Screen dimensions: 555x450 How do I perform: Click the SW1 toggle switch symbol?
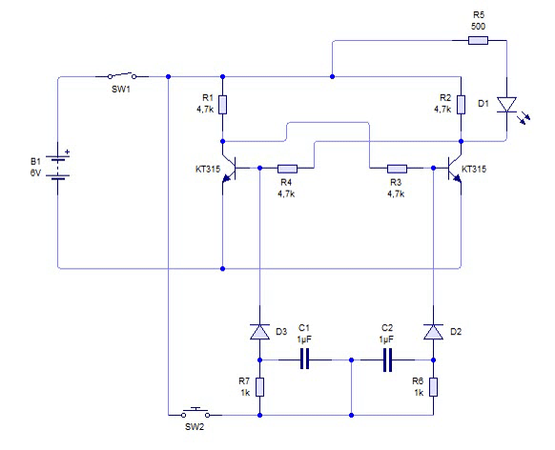[122, 75]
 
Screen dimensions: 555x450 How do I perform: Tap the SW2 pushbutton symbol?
[195, 413]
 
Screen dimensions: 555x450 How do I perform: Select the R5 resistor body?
[478, 40]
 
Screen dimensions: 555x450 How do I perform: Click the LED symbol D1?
[509, 109]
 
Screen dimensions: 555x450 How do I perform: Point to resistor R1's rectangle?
[222, 104]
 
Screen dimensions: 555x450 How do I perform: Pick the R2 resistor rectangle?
[461, 104]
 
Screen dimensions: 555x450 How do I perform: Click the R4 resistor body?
[287, 169]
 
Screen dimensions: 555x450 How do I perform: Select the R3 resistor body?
[397, 169]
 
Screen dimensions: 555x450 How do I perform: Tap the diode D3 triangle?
[259, 332]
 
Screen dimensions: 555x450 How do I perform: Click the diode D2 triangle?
[433, 332]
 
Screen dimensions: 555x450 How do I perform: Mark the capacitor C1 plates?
[305, 359]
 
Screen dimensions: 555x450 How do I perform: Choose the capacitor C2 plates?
[387, 360]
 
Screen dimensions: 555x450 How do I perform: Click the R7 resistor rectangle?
[259, 387]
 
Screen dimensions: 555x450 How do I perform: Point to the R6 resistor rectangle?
[433, 387]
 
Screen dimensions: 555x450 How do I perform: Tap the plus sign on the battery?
[68, 152]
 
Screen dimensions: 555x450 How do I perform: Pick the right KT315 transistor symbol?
[454, 169]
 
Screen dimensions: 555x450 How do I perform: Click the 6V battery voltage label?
[35, 173]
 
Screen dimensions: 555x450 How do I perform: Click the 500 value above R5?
[478, 26]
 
